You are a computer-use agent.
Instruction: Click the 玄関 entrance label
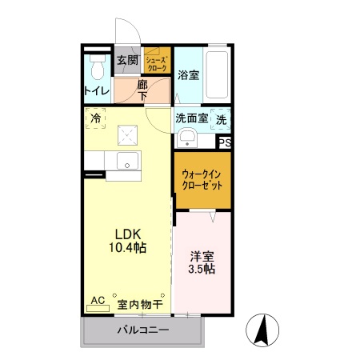(127, 60)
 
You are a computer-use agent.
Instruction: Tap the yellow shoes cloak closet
(157, 62)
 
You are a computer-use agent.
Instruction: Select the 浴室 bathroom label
(188, 75)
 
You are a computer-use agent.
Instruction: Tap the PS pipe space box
(225, 143)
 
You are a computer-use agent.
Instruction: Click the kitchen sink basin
(127, 162)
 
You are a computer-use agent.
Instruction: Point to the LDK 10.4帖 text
(127, 240)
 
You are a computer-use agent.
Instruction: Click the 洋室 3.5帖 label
(202, 262)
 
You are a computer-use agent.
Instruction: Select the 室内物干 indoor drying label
(140, 304)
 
